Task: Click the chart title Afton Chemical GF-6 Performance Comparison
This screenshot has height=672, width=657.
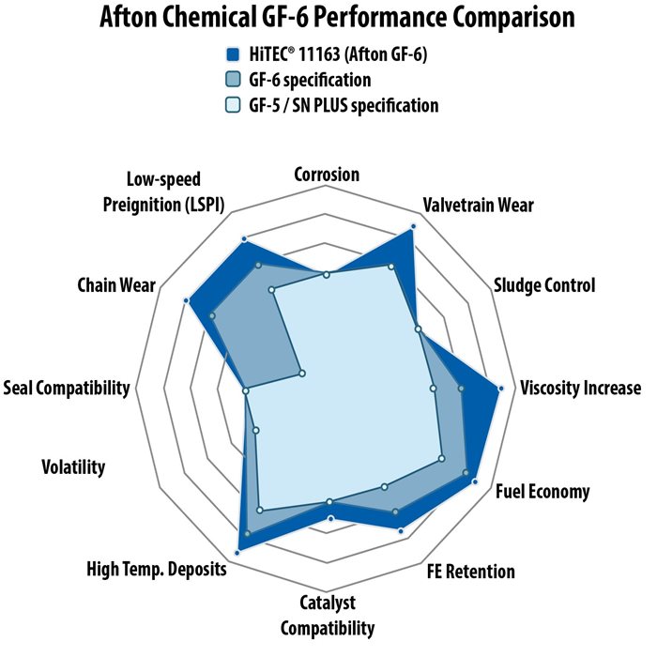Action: (x=337, y=17)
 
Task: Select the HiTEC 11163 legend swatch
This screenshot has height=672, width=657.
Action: (x=233, y=54)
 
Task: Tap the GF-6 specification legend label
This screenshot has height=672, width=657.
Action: (x=310, y=80)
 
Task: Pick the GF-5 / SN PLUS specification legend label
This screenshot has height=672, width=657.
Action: (x=344, y=105)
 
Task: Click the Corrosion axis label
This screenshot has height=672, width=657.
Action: (x=327, y=175)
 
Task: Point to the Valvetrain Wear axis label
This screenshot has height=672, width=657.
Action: (x=479, y=205)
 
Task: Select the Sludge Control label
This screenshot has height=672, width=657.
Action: (x=544, y=285)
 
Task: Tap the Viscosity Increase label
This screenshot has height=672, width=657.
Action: (x=581, y=388)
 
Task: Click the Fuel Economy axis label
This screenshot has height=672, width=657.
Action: (x=542, y=492)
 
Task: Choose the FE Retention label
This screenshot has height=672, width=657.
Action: (x=470, y=572)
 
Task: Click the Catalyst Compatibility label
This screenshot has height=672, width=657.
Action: (x=328, y=616)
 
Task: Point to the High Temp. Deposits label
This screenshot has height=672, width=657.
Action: (x=157, y=569)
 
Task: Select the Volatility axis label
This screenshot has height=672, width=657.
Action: (x=73, y=467)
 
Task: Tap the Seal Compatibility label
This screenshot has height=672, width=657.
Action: (x=67, y=388)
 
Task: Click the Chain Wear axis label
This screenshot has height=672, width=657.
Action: (x=116, y=285)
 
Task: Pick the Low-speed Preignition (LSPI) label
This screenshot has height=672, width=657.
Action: (x=163, y=192)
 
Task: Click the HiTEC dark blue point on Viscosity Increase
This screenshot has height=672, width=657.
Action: (x=500, y=389)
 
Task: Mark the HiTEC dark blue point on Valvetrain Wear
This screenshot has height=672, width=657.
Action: (x=413, y=226)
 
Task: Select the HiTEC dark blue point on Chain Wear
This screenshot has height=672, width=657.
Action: (x=186, y=301)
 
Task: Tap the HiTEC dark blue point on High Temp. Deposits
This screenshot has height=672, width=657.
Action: (x=237, y=554)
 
